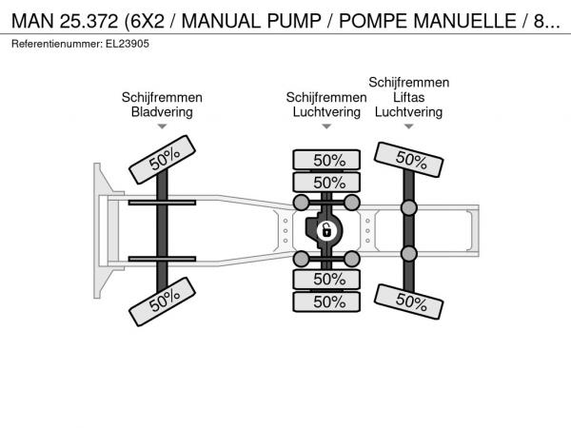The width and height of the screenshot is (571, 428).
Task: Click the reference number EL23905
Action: pos(128,44)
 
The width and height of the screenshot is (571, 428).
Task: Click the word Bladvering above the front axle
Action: pos(162,111)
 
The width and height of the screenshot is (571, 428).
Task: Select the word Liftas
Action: pos(408,97)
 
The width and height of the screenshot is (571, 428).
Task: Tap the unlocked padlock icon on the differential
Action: pos(326,230)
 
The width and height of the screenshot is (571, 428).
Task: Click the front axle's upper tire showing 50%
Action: pos(163,160)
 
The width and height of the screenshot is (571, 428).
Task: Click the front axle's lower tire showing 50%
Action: pos(163,302)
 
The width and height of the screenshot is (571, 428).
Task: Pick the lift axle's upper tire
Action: pos(408,160)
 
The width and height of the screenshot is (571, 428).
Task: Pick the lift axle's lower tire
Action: pos(408,302)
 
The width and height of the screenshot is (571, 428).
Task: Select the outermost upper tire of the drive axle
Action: pos(326,160)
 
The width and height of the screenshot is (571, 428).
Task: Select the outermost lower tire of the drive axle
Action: pos(326,302)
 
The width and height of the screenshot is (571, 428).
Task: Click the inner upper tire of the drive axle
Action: pos(326,183)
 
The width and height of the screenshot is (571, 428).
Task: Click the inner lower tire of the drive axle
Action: pos(326,279)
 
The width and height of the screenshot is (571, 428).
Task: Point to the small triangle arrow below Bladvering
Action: pos(162,126)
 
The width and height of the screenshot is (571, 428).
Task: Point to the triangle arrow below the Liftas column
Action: pos(409,126)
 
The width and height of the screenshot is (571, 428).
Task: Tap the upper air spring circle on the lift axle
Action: pos(409,207)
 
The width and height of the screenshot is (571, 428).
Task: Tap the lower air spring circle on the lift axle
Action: pos(409,254)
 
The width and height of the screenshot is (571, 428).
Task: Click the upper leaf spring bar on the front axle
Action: pos(162,203)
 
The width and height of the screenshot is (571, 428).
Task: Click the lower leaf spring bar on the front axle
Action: pos(162,259)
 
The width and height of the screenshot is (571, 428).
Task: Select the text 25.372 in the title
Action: pos(89,21)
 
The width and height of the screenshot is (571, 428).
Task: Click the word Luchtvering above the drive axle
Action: pos(326,111)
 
